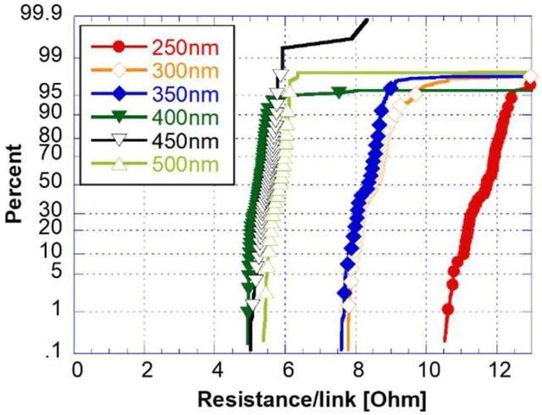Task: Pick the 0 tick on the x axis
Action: pos(77,370)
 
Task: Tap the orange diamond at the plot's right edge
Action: pos(530,79)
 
